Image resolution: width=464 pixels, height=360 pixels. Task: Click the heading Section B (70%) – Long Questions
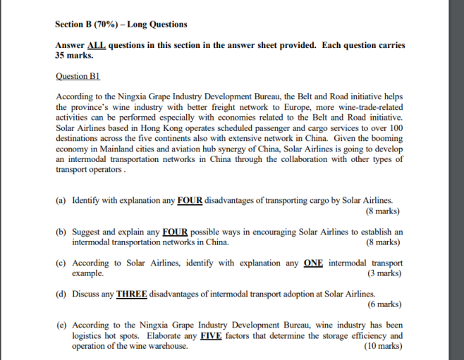pyautogui.click(x=121, y=25)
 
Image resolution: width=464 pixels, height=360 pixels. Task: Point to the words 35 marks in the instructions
pyautogui.click(x=74, y=55)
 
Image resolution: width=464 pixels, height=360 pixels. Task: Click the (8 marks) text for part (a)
pyautogui.click(x=383, y=211)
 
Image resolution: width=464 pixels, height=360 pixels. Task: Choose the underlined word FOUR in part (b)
pyautogui.click(x=176, y=232)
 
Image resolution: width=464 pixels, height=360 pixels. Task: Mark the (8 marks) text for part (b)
pyautogui.click(x=383, y=242)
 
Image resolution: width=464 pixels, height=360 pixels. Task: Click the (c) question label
pyautogui.click(x=61, y=263)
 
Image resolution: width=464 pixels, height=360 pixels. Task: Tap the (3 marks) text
pyautogui.click(x=384, y=273)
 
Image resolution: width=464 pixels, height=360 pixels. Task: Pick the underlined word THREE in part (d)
pyautogui.click(x=132, y=294)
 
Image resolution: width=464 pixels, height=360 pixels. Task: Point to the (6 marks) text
pyautogui.click(x=384, y=304)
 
